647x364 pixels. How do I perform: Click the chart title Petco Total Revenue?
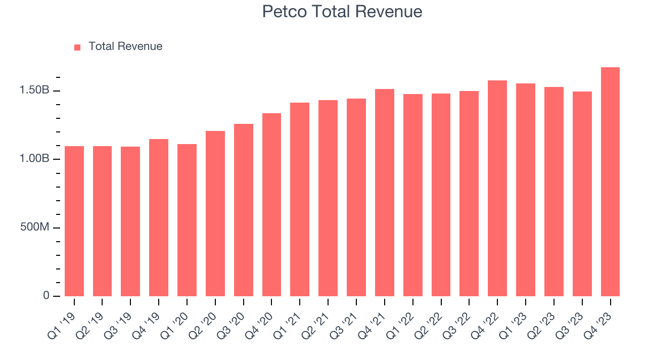tap(342, 11)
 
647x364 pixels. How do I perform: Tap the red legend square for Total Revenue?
tap(77, 47)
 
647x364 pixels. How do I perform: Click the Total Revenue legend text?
tap(125, 47)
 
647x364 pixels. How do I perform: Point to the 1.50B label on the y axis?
tap(34, 90)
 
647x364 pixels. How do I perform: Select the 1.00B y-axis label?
tap(34, 159)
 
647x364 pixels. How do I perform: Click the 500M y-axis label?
tap(34, 227)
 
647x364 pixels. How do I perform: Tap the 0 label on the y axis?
tap(46, 296)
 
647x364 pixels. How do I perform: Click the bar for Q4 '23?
tap(610, 181)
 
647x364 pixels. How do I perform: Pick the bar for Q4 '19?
tap(159, 217)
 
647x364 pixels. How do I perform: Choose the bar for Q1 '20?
tap(187, 220)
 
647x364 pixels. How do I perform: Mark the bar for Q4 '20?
tap(271, 205)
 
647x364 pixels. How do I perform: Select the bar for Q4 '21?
tap(385, 193)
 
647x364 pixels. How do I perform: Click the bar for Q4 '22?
tap(497, 188)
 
